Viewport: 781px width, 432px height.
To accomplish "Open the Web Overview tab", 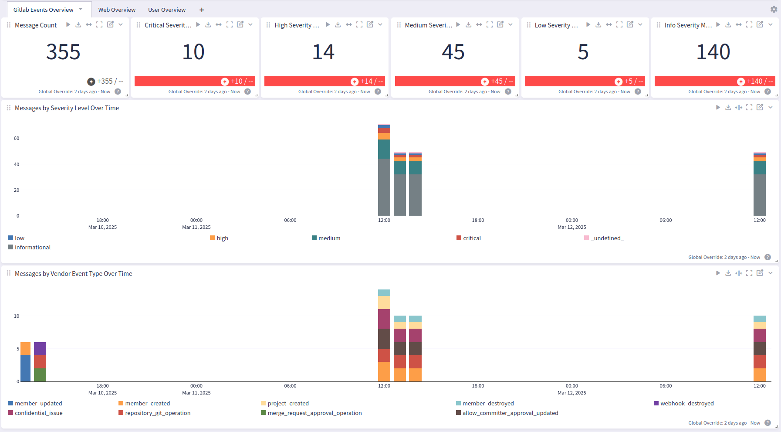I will pyautogui.click(x=117, y=10).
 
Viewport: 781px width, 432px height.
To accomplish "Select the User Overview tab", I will pyautogui.click(x=167, y=10).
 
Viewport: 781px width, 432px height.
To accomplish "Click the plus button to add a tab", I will pyautogui.click(x=202, y=10).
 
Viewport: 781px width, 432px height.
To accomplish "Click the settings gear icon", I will pyautogui.click(x=774, y=9).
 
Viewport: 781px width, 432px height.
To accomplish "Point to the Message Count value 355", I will pyautogui.click(x=64, y=52).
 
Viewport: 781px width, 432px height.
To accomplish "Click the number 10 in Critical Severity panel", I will pyautogui.click(x=193, y=52).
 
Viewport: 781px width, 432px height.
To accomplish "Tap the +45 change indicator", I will pyautogui.click(x=497, y=81).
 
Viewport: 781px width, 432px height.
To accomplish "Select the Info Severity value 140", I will pyautogui.click(x=713, y=52).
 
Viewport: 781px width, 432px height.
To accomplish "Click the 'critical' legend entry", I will pyautogui.click(x=472, y=238).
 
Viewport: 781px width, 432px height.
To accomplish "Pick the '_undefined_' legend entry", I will pyautogui.click(x=607, y=238).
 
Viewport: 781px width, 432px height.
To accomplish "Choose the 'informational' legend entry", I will pyautogui.click(x=33, y=247).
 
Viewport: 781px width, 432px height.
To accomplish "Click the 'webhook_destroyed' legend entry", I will pyautogui.click(x=687, y=403).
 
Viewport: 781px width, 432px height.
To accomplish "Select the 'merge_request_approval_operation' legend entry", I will pyautogui.click(x=314, y=413).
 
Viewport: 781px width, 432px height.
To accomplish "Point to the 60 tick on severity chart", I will pyautogui.click(x=17, y=138).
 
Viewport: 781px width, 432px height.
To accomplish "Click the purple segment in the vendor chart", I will pyautogui.click(x=40, y=349).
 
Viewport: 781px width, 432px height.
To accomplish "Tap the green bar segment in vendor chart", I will pyautogui.click(x=40, y=375).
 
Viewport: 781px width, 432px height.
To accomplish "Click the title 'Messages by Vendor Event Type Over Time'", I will pyautogui.click(x=74, y=274).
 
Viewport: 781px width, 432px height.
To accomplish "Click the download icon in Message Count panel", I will pyautogui.click(x=78, y=24).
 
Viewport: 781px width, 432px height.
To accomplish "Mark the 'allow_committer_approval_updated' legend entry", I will pyautogui.click(x=510, y=413).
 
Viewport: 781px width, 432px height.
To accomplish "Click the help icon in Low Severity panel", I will pyautogui.click(x=638, y=92).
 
